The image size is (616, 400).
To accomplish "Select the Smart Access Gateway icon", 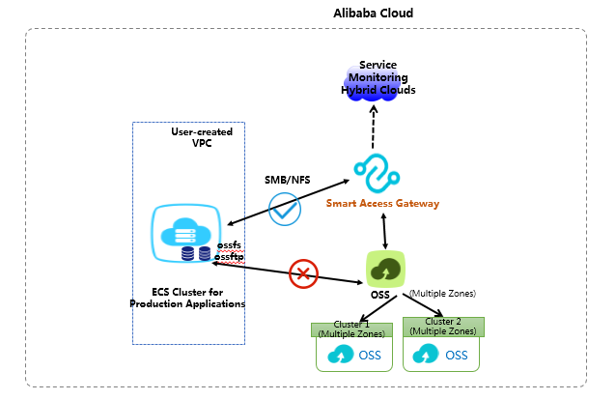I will (x=376, y=172).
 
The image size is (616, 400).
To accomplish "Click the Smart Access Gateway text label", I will (x=382, y=204).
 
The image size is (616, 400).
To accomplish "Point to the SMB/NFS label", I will (x=286, y=181).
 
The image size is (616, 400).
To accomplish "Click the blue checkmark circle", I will (x=285, y=209).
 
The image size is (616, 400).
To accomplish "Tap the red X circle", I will (x=303, y=273).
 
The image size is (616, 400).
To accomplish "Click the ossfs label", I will (x=228, y=245).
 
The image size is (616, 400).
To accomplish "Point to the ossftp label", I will (x=229, y=257).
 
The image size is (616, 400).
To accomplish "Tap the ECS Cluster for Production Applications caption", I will (x=187, y=297).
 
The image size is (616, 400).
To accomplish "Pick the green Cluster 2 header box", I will (x=443, y=327).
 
